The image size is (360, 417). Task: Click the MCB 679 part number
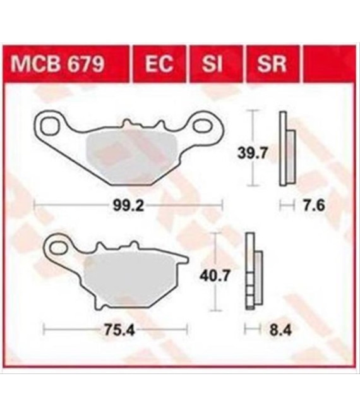(x=57, y=64)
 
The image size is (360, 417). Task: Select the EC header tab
(x=159, y=64)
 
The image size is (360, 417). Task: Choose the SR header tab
(x=272, y=64)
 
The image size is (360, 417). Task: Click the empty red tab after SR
(x=330, y=64)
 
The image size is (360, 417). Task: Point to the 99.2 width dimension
(x=128, y=205)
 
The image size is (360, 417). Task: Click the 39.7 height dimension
(x=253, y=154)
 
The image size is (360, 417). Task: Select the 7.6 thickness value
(x=314, y=206)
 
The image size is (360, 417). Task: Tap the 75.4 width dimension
(x=119, y=330)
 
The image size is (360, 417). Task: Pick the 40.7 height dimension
(x=215, y=276)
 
